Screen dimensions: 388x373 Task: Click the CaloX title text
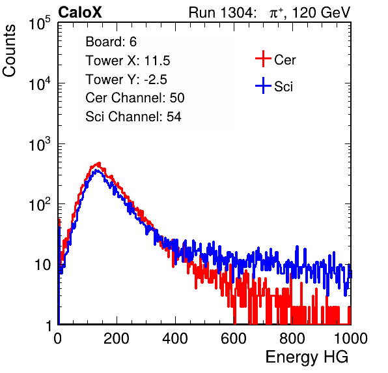(79, 12)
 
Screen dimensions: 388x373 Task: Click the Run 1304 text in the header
(221, 12)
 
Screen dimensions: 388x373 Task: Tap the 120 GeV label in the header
(322, 12)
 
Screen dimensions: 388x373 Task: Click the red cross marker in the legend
(263, 59)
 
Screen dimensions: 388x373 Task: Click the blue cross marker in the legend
(263, 85)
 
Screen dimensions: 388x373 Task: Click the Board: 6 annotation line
(111, 42)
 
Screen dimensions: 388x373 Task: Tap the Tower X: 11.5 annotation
(128, 61)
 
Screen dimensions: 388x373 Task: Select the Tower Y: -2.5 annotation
(126, 80)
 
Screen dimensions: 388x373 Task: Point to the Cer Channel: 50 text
(135, 98)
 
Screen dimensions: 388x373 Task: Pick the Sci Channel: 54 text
(133, 117)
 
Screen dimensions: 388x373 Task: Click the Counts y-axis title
(9, 50)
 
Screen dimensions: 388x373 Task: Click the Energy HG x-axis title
(307, 357)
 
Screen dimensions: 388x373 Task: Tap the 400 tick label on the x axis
(175, 338)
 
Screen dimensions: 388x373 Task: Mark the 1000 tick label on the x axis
(351, 338)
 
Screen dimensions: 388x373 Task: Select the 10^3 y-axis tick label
(40, 144)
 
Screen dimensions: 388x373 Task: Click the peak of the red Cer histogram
(99, 163)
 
